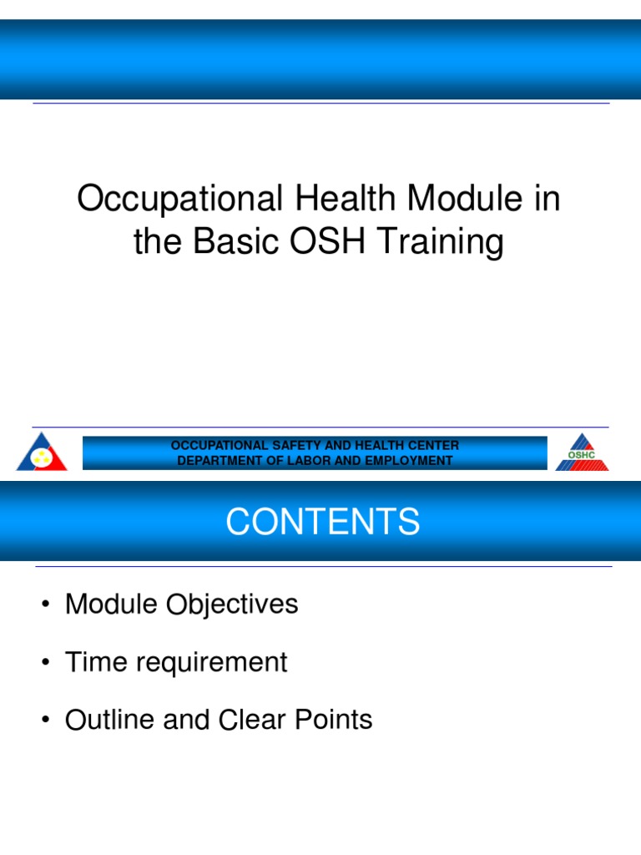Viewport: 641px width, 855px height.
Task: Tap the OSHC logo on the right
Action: point(582,452)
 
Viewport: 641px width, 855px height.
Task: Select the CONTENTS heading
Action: point(322,523)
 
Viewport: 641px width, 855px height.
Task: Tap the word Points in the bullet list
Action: point(335,720)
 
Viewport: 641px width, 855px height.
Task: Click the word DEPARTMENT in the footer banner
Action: point(220,460)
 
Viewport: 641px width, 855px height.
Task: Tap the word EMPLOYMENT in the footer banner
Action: point(411,460)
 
